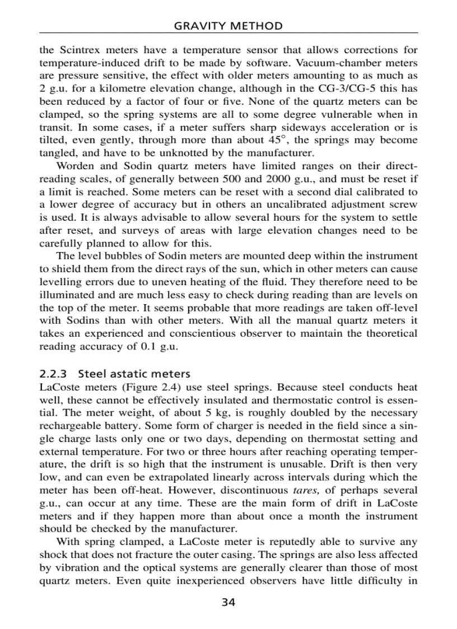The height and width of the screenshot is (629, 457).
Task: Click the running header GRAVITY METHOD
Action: click(x=228, y=26)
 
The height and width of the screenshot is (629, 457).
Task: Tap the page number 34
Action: click(x=228, y=603)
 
